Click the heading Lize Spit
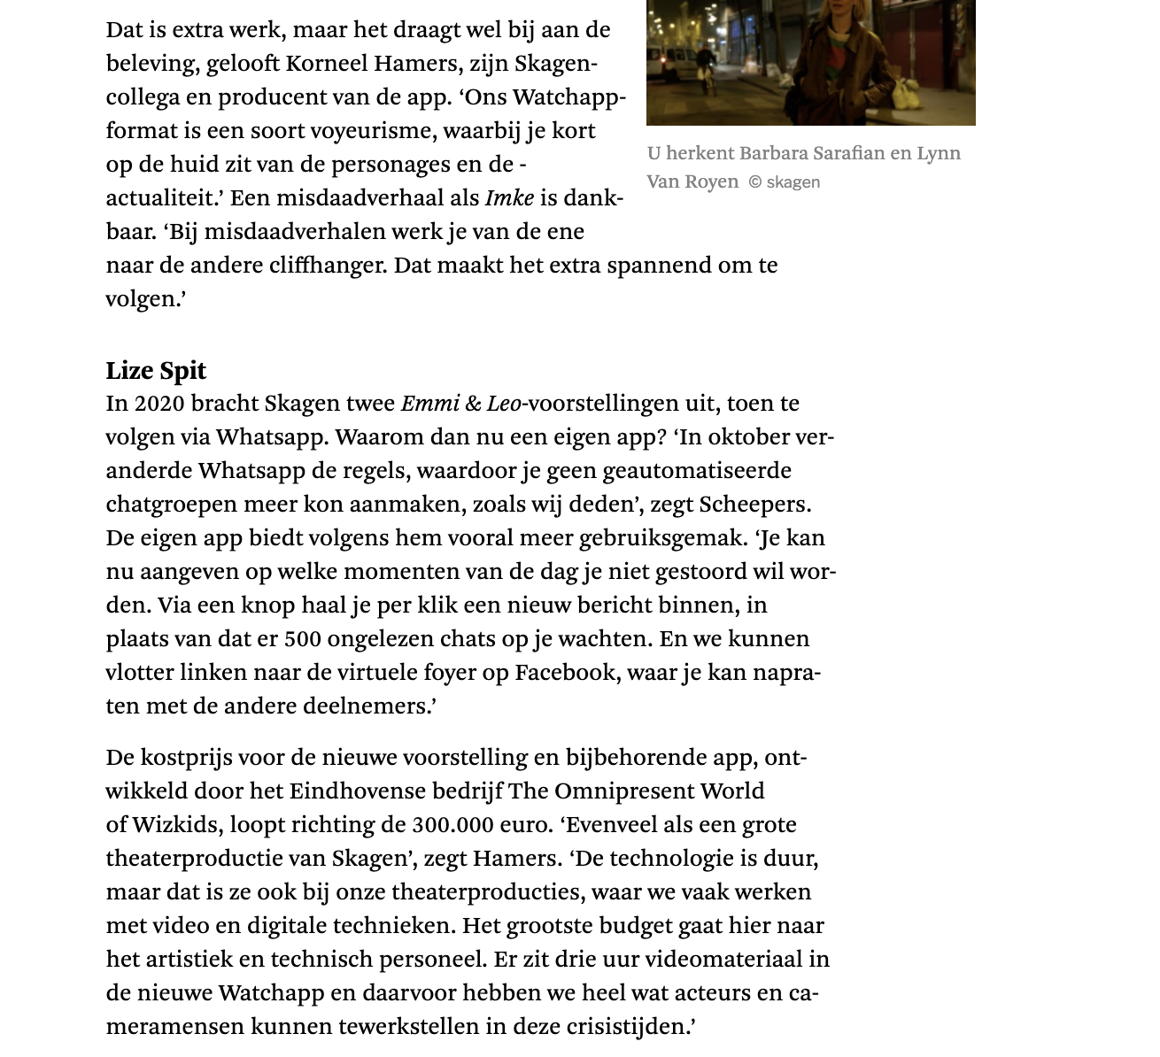click(156, 370)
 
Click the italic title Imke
click(509, 198)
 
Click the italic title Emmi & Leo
click(460, 404)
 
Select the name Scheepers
click(754, 505)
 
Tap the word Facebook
click(566, 673)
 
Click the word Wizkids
click(175, 825)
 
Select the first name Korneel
click(327, 64)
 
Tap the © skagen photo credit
click(784, 182)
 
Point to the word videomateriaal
click(723, 960)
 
